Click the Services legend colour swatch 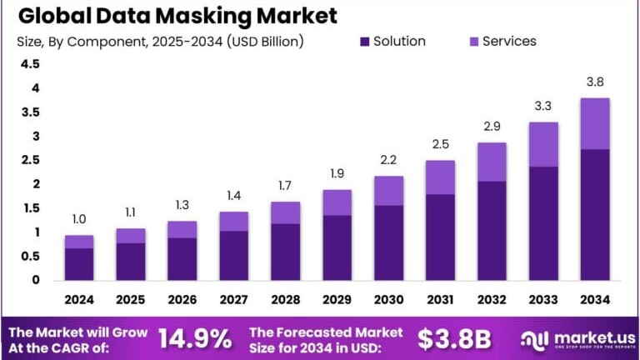click(x=472, y=42)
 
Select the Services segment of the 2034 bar click(x=594, y=123)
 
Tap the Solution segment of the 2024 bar click(x=79, y=264)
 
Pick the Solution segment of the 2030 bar click(x=387, y=242)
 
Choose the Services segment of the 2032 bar click(x=492, y=162)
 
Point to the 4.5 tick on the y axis click(x=30, y=64)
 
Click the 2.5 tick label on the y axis click(x=30, y=160)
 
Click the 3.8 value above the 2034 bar click(x=594, y=82)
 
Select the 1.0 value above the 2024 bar click(x=79, y=219)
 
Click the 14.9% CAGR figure click(x=194, y=338)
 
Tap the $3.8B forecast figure click(x=453, y=338)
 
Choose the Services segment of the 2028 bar click(x=285, y=212)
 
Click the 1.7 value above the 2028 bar click(x=285, y=186)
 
